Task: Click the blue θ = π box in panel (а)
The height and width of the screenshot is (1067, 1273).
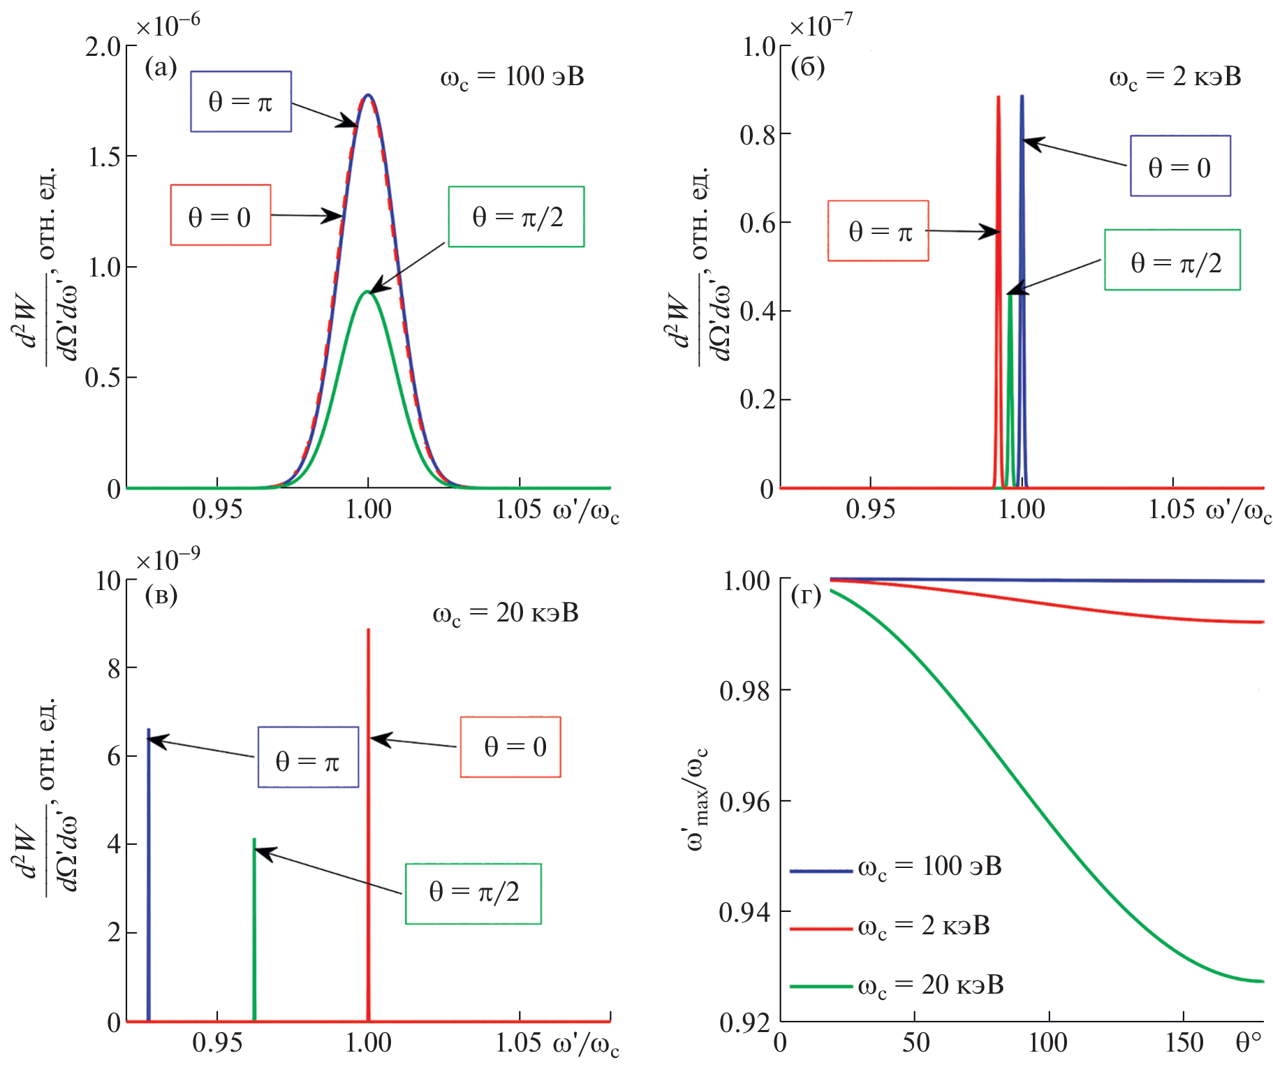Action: pyautogui.click(x=241, y=101)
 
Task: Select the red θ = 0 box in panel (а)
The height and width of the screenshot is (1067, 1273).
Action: pyautogui.click(x=221, y=215)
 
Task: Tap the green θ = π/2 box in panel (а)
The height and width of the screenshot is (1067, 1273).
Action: pyautogui.click(x=516, y=216)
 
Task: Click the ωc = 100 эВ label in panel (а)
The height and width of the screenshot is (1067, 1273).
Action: pyautogui.click(x=512, y=76)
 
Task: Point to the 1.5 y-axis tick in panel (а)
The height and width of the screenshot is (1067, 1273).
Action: pyautogui.click(x=103, y=156)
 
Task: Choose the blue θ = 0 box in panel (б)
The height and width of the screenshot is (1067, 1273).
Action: pyautogui.click(x=1180, y=166)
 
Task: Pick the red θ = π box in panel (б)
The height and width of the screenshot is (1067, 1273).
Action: pyautogui.click(x=878, y=231)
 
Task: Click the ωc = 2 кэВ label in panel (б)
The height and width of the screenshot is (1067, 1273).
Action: pyautogui.click(x=1175, y=77)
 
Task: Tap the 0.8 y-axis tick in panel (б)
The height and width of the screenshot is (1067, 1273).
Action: pyautogui.click(x=757, y=134)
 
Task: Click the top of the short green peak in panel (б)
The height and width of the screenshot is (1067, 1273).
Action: pyautogui.click(x=1010, y=295)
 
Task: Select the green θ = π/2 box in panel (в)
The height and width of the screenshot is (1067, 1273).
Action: pyautogui.click(x=473, y=894)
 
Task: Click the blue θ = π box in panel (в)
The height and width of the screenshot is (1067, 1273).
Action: pyautogui.click(x=308, y=757)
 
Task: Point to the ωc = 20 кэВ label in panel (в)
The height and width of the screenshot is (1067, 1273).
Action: pyautogui.click(x=506, y=613)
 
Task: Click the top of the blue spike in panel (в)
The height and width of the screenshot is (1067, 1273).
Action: pyautogui.click(x=148, y=730)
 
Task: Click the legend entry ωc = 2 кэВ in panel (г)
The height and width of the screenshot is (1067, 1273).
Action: pyautogui.click(x=923, y=926)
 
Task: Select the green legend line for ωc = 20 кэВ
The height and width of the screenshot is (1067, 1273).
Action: pyautogui.click(x=821, y=986)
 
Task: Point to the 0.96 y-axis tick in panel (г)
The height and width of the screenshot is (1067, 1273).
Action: pyautogui.click(x=744, y=802)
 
